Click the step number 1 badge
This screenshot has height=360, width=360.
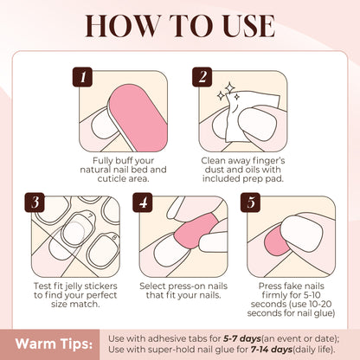point(82,77)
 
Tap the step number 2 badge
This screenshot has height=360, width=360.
point(202,77)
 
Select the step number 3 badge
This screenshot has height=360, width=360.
point(35,202)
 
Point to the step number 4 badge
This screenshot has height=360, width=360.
point(143,202)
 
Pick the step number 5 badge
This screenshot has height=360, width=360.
point(250,202)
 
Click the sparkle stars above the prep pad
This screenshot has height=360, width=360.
point(228,93)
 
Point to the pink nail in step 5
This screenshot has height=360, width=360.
point(274,241)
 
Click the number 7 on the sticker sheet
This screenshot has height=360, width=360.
point(90,215)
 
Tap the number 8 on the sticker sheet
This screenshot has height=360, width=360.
point(114,237)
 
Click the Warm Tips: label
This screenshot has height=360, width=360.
point(54,344)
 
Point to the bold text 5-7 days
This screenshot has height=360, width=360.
point(242,338)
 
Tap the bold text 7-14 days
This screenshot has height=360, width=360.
point(272,350)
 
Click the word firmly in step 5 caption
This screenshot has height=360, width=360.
point(276,295)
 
